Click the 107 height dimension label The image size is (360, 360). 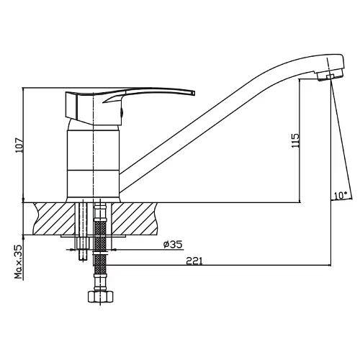[x=19, y=145]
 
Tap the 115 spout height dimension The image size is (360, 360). [x=296, y=140]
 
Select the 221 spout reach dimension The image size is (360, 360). [x=194, y=261]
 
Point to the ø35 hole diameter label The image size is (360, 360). [x=173, y=245]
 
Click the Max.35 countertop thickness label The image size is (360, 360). [x=19, y=261]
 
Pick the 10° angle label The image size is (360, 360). [x=341, y=195]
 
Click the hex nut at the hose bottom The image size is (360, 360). [x=100, y=297]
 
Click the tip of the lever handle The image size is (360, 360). [x=194, y=93]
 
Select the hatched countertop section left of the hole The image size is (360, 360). [x=55, y=218]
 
